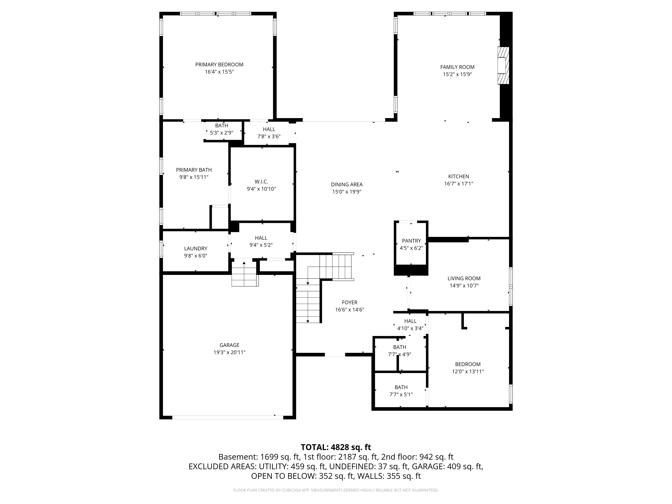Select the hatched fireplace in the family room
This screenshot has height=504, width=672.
click(x=503, y=65)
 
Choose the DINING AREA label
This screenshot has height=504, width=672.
click(x=347, y=184)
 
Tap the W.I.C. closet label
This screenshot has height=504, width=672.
click(x=261, y=182)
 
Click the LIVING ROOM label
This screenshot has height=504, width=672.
click(x=464, y=278)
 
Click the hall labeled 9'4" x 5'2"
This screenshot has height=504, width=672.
click(x=261, y=242)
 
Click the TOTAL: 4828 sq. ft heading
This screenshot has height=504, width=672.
click(x=336, y=447)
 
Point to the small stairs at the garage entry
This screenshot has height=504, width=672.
click(x=245, y=273)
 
